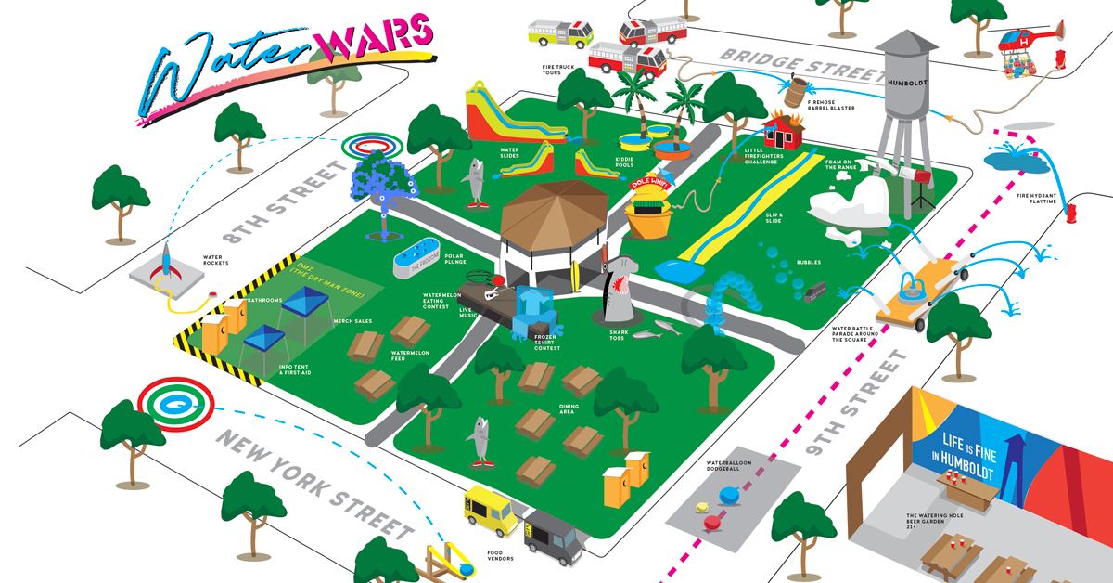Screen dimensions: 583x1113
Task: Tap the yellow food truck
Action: [490, 510]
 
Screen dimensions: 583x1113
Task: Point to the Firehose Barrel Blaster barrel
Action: [795, 92]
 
